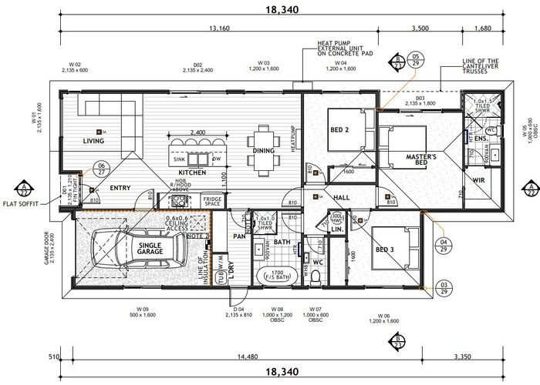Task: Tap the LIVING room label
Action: (93, 141)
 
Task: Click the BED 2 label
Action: (339, 130)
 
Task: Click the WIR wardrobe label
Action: (479, 181)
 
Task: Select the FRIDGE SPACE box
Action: (212, 202)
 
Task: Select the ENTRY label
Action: (120, 188)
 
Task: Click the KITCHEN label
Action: (191, 173)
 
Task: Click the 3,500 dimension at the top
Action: (420, 30)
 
